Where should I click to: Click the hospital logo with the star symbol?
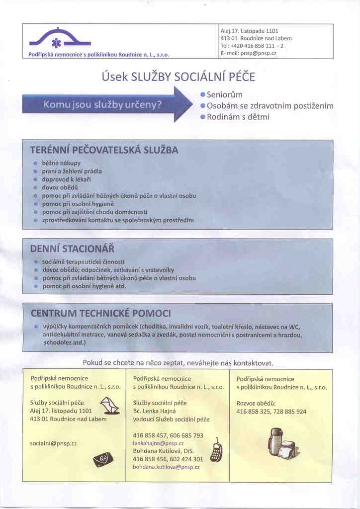[x=60, y=39]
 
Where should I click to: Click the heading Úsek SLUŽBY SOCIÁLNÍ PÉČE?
[x=178, y=77]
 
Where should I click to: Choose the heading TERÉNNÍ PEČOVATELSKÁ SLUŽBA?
[x=104, y=150]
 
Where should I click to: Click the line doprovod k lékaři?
[x=67, y=179]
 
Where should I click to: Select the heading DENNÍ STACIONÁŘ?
[x=72, y=248]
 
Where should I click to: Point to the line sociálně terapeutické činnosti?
[x=84, y=261]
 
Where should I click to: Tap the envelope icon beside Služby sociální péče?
[x=110, y=406]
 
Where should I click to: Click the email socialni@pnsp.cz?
[x=53, y=442]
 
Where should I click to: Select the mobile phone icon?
[x=216, y=450]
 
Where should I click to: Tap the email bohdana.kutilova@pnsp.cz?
[x=166, y=467]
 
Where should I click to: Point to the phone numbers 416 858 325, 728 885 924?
[x=271, y=412]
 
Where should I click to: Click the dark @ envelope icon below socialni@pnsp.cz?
[x=103, y=460]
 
